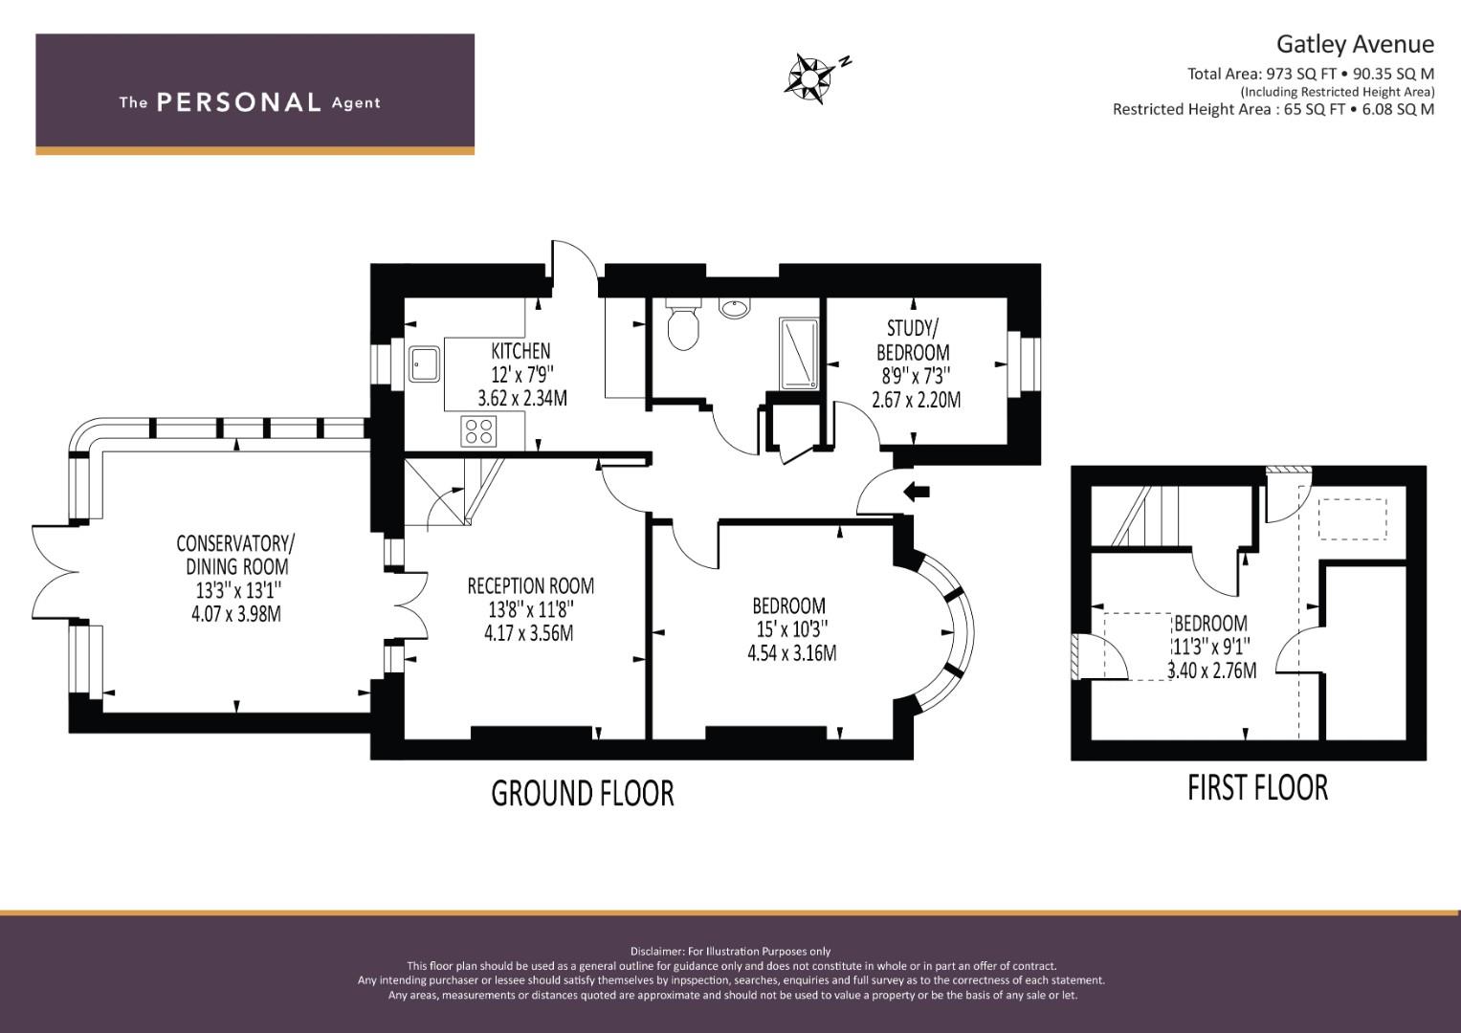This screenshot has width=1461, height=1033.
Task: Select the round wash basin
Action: (x=736, y=308)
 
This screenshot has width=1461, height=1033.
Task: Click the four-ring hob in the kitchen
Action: (x=478, y=431)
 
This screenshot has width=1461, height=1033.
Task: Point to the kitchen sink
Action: (x=424, y=363)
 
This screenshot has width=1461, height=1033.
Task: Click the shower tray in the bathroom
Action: (x=798, y=354)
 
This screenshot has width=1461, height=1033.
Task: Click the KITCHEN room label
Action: (x=520, y=351)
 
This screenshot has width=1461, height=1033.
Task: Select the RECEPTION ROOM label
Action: (x=530, y=585)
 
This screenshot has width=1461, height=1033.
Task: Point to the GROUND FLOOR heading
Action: (x=583, y=794)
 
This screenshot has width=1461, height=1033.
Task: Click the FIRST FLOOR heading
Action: (x=1257, y=788)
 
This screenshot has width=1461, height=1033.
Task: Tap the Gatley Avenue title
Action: (x=1355, y=44)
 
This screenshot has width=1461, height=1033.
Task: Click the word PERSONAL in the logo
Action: (x=239, y=102)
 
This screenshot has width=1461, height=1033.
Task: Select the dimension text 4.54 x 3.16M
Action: (x=792, y=652)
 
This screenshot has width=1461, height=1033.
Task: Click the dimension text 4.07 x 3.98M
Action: (x=236, y=614)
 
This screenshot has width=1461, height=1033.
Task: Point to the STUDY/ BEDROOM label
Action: (x=913, y=340)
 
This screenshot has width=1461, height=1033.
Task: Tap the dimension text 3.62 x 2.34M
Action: (x=522, y=398)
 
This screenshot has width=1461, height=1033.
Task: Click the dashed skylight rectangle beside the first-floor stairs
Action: (x=1352, y=519)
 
